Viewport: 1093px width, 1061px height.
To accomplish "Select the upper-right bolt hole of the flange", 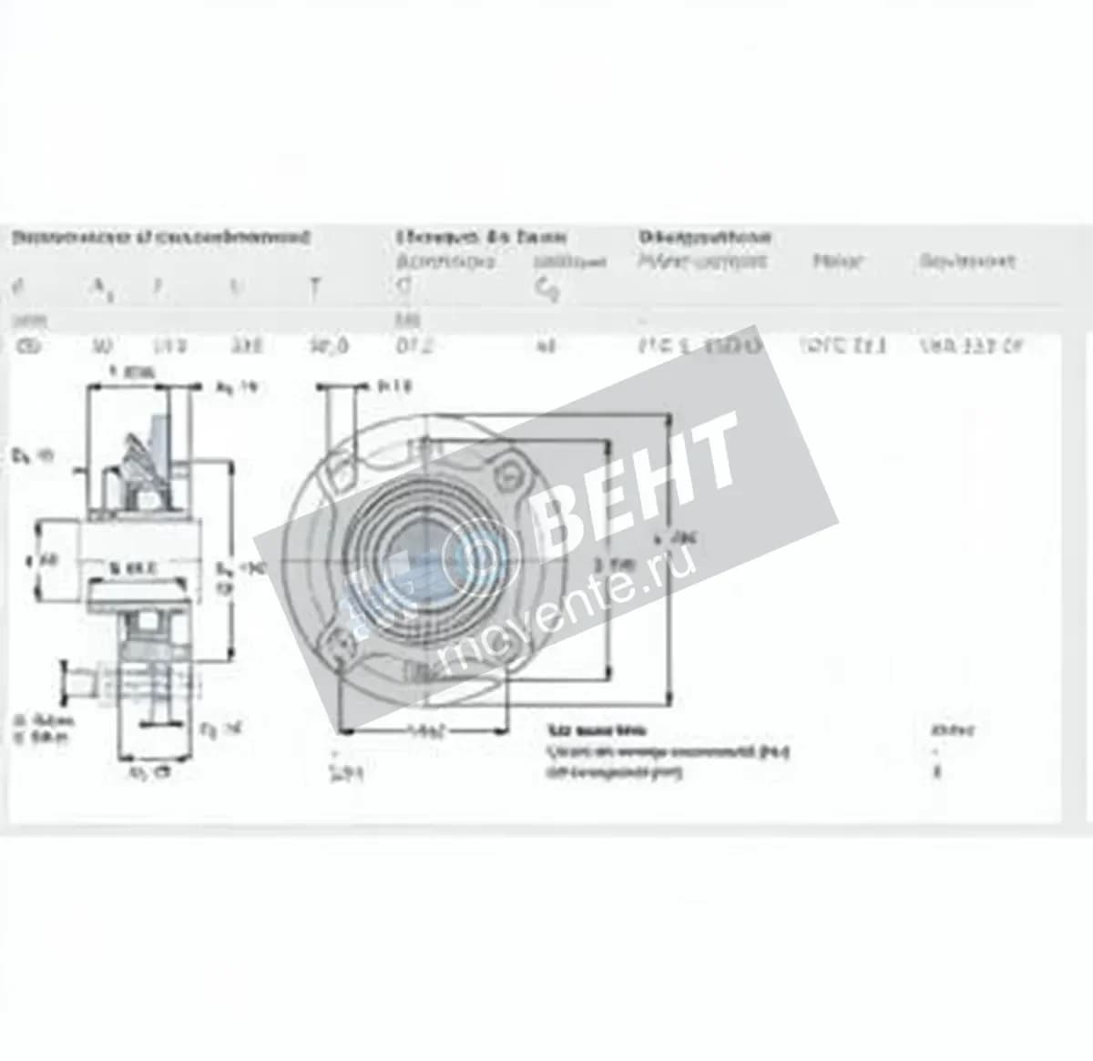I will (510, 471).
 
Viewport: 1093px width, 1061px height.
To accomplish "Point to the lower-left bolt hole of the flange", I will (343, 644).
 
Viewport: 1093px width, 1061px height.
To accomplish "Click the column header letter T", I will (314, 289).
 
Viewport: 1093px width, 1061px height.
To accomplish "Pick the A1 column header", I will (99, 289).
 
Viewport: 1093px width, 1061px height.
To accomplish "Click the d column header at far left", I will (16, 288).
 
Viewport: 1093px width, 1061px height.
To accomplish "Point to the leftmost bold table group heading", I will (160, 238).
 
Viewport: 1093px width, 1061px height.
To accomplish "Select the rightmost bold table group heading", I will (704, 238).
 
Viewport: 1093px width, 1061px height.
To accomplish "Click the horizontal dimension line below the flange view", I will (421, 729).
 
